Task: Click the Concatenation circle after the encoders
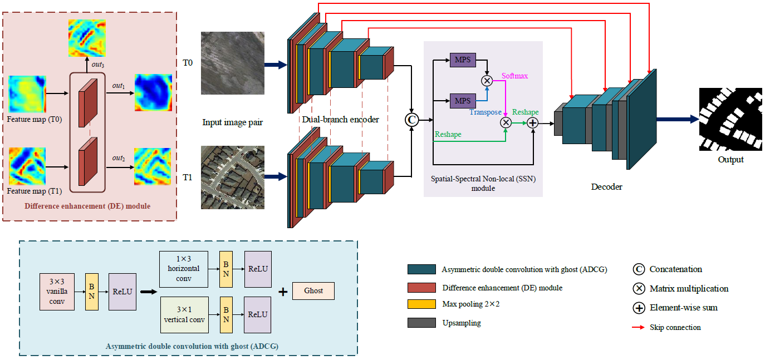pos(412,119)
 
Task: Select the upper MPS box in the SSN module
pos(463,59)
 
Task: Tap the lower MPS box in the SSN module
pos(463,101)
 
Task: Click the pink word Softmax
pos(515,75)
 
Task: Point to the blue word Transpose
pos(485,112)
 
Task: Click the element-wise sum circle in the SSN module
pos(532,122)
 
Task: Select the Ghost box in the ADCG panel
pos(313,291)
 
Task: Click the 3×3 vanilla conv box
pos(56,292)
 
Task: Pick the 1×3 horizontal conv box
pos(183,269)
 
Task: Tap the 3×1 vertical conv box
pos(183,314)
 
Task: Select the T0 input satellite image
pos(233,63)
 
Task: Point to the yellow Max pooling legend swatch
pos(421,304)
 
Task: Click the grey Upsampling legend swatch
pos(421,323)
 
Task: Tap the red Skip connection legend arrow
pos(638,327)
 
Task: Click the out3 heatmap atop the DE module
pos(87,38)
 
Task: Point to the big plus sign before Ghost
pos(283,292)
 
